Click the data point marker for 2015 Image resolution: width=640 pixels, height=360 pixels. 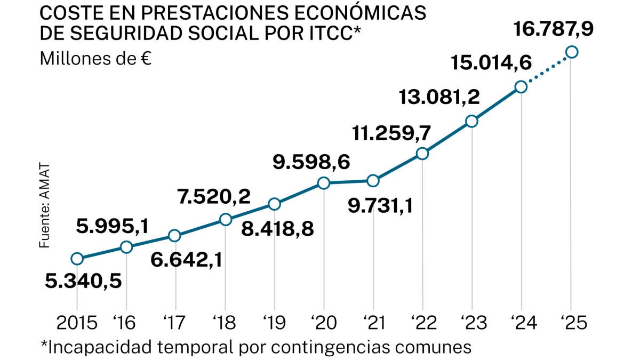pyautogui.click(x=77, y=259)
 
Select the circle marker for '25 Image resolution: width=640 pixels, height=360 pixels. pyautogui.click(x=572, y=52)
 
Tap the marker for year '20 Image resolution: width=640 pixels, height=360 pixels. pyautogui.click(x=324, y=183)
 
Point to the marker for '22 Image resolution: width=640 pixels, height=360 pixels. pyautogui.click(x=422, y=154)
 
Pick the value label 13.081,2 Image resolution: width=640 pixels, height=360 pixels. pyautogui.click(x=440, y=98)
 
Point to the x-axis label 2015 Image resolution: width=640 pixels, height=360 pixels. pyautogui.click(x=77, y=323)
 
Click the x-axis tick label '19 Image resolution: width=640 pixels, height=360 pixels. pyautogui.click(x=274, y=323)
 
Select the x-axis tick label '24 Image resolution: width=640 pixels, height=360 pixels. pyautogui.click(x=521, y=323)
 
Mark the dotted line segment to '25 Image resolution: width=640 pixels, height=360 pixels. pyautogui.click(x=547, y=69)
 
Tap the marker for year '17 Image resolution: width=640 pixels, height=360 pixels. pyautogui.click(x=174, y=236)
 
